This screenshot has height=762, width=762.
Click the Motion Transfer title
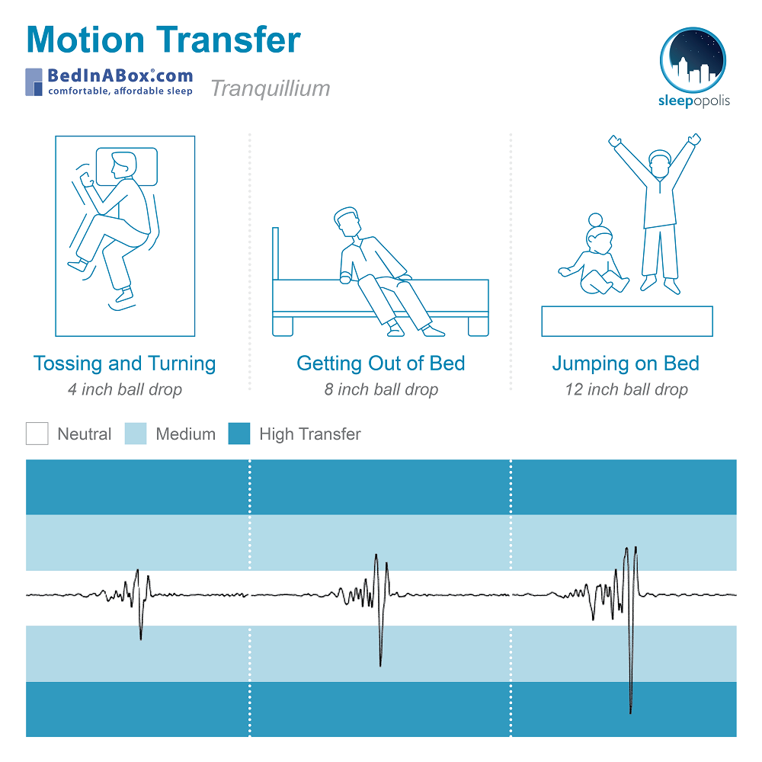164,40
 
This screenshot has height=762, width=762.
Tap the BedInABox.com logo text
120,75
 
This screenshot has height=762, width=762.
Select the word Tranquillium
271,89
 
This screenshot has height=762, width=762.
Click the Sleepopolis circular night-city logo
693,60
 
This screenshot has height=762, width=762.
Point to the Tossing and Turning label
125,363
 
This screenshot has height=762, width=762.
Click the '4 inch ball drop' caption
125,389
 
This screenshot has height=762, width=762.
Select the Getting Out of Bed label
381,363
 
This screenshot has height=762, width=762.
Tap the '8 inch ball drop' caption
382,389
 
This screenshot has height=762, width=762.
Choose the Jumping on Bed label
626,363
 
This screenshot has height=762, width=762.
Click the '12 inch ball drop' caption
626,389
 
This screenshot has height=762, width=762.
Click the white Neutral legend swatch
37,434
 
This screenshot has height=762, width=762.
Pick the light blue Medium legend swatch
136,434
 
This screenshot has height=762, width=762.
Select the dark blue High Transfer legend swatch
239,434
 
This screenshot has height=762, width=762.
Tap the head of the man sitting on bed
347,222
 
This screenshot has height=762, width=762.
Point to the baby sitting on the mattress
594,258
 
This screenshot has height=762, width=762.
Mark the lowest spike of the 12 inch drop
631,712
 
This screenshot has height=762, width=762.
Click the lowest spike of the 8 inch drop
380,665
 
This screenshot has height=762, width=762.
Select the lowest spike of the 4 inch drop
141,639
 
